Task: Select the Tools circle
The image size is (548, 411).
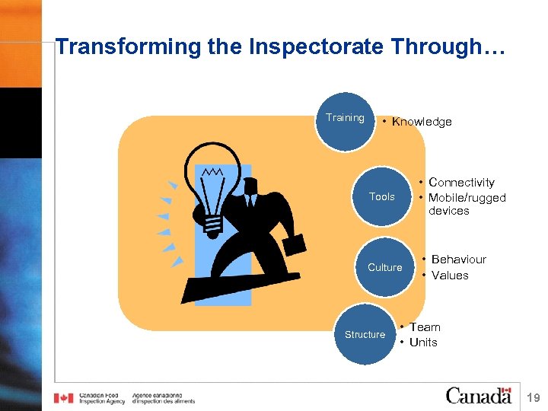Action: click(381, 196)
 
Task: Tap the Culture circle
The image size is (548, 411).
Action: click(384, 267)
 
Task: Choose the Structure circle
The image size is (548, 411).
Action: click(365, 334)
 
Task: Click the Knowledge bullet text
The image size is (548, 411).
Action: click(422, 122)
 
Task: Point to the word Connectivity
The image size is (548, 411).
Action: click(461, 183)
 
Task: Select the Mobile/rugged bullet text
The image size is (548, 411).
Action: click(467, 198)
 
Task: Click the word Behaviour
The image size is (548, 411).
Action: click(458, 260)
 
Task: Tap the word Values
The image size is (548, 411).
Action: click(450, 276)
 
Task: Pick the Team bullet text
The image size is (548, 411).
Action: click(425, 327)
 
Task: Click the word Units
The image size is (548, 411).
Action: click(423, 342)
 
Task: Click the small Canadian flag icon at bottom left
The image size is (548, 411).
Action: click(64, 398)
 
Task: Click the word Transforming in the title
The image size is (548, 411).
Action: click(126, 47)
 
